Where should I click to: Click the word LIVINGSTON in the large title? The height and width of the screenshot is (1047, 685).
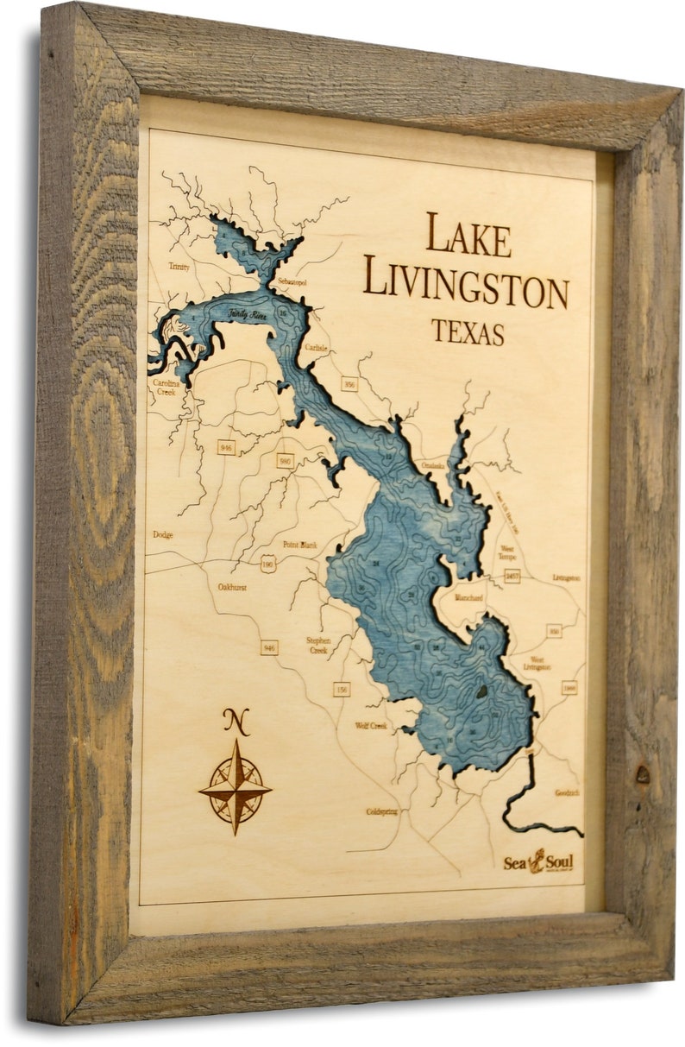tap(465, 282)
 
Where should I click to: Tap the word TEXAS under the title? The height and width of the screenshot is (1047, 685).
tap(468, 332)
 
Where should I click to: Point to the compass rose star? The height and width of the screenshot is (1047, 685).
tap(236, 786)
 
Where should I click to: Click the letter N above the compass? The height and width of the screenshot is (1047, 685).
tap(236, 721)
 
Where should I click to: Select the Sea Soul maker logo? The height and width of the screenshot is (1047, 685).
tap(537, 861)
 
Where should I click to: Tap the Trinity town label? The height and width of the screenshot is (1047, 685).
tap(179, 267)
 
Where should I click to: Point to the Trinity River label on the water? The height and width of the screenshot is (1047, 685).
tap(248, 316)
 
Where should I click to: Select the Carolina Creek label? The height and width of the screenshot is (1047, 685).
tap(165, 386)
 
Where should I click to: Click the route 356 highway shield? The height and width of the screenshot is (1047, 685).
tap(349, 384)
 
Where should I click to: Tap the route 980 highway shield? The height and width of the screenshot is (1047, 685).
tap(285, 460)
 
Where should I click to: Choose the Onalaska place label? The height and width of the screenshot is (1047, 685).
tap(433, 465)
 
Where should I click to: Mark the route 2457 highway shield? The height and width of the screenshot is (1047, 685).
tap(512, 575)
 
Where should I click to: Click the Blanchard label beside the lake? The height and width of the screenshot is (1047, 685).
tap(468, 597)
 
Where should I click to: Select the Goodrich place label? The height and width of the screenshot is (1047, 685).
tap(567, 792)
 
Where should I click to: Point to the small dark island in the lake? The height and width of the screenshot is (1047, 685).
tap(481, 691)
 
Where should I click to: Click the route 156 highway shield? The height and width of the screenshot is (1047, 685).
tap(342, 688)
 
